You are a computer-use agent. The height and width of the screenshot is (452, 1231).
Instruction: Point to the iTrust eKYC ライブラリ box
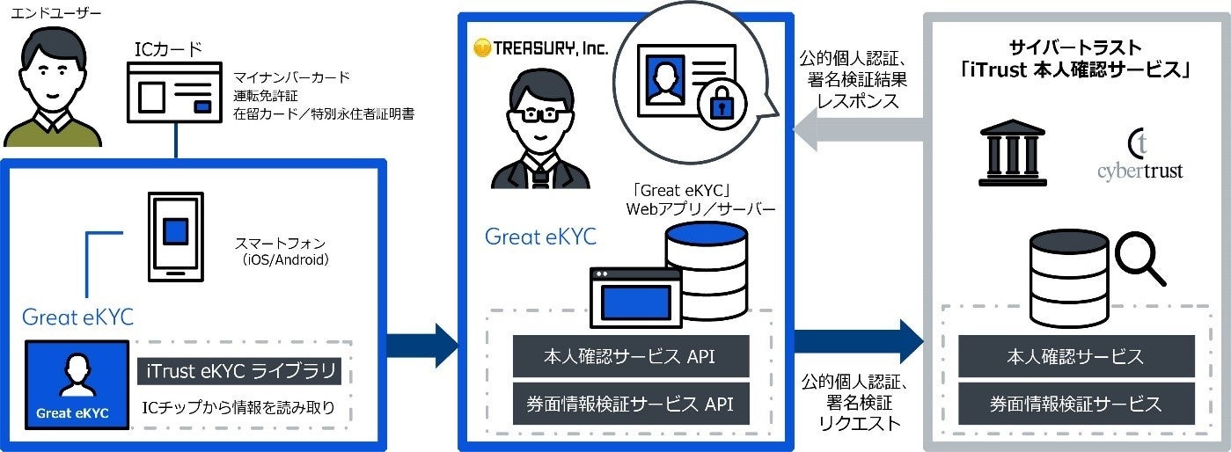(238, 373)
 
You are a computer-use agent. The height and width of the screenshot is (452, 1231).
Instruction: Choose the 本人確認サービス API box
(631, 357)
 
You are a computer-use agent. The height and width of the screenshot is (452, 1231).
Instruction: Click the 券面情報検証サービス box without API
(1076, 405)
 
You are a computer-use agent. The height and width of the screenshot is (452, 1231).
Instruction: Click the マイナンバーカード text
(292, 77)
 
